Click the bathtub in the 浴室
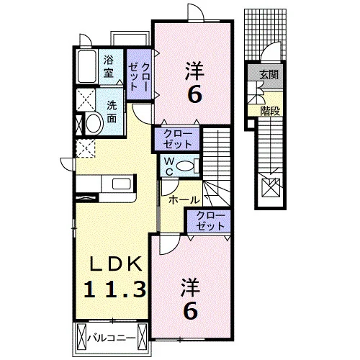click(87, 66)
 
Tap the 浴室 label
click(109, 66)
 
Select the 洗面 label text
click(112, 112)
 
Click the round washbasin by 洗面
click(94, 123)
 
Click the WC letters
click(169, 166)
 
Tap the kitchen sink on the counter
click(122, 184)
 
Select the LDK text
click(115, 264)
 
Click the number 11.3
click(114, 289)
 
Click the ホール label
click(184, 200)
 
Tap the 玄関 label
click(269, 75)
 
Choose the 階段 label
click(270, 111)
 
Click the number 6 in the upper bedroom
click(194, 94)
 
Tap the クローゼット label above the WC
click(178, 139)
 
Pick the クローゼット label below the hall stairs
click(210, 221)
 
